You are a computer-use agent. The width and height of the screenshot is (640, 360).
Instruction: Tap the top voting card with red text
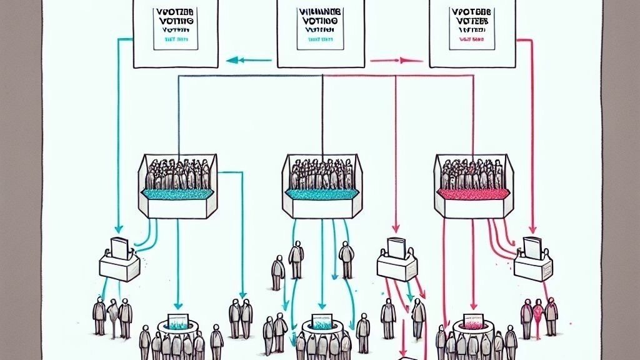472,31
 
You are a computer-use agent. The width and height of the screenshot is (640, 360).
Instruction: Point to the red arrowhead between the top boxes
403,61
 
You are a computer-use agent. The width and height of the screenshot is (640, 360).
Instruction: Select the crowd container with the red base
473,187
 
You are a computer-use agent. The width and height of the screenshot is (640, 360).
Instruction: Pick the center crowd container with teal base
321,187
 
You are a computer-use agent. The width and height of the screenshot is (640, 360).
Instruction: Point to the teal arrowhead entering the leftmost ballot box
118,229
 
